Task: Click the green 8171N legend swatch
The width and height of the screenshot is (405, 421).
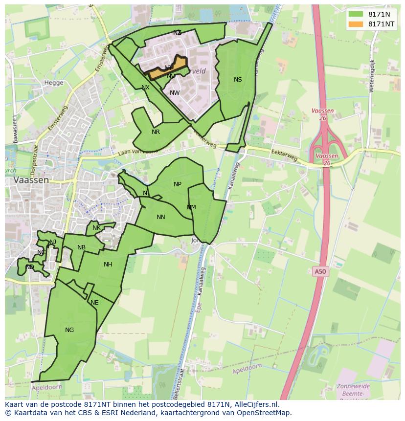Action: tap(356, 14)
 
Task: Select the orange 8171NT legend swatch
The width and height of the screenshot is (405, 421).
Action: tap(356, 24)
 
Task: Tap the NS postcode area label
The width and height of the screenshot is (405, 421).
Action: tap(238, 80)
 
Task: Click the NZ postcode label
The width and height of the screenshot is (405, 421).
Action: tap(177, 33)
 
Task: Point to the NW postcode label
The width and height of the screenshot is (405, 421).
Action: tap(175, 93)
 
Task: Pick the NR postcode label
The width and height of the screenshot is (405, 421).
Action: tap(156, 132)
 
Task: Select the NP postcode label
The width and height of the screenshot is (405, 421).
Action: tap(178, 184)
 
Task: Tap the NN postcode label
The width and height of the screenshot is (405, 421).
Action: tap(161, 217)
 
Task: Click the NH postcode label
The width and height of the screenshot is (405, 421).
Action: tap(108, 265)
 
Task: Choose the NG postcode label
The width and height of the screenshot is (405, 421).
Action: tap(69, 330)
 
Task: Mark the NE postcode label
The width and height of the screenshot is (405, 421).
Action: tap(94, 303)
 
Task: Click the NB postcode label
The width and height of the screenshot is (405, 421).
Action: tap(81, 247)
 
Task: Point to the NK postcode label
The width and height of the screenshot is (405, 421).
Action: tap(96, 228)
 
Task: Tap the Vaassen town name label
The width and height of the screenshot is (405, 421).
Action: tap(31, 180)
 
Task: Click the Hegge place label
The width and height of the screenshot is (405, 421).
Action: tap(54, 83)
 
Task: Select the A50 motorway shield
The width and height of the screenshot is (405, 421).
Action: tap(319, 271)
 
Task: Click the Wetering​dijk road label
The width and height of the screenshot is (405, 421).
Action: tap(372, 76)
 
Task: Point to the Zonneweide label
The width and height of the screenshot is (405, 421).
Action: tap(353, 386)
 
